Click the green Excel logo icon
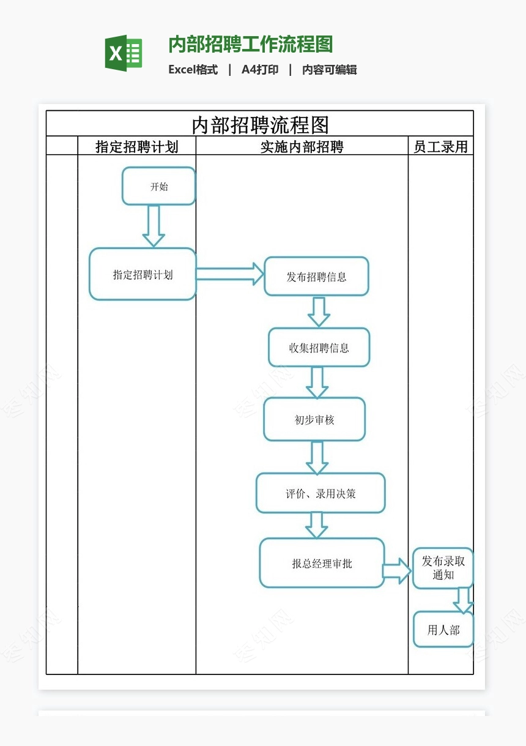point(124,53)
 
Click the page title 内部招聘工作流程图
point(250,45)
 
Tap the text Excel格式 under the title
point(193,70)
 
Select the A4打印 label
point(260,70)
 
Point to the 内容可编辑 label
point(329,70)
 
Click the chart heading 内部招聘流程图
point(260,124)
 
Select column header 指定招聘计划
point(136,146)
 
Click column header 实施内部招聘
point(302,146)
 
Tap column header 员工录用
point(440,146)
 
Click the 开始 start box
point(158,187)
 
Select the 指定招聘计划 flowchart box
point(143,275)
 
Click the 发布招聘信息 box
point(316,277)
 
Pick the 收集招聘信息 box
point(319,348)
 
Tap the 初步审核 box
point(314,420)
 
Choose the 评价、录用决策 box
point(320,493)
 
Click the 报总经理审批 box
point(322,564)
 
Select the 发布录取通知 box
point(443,569)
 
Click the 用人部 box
point(443,630)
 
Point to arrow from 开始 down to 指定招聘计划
point(154,226)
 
